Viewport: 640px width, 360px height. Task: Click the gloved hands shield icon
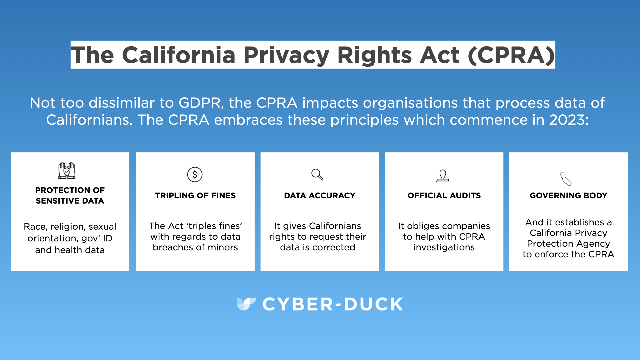pos(67,170)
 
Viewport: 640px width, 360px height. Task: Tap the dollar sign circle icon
pos(195,174)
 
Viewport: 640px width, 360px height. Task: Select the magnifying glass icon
pos(317,174)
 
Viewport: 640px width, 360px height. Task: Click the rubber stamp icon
pos(443,176)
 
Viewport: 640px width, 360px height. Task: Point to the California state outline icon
pos(566,179)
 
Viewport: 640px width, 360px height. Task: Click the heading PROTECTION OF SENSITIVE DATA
pos(70,195)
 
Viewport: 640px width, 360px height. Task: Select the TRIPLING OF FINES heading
pos(195,195)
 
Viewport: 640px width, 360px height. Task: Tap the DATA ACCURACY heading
pos(320,195)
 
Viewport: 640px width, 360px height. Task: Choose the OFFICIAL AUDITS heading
pos(444,195)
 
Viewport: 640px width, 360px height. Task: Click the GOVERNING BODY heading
pos(568,195)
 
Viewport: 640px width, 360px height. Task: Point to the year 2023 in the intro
pos(569,120)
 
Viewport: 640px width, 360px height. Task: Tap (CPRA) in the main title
pos(511,55)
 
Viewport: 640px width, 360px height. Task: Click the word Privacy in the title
pos(287,55)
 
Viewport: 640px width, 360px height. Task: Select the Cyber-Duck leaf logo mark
pos(246,304)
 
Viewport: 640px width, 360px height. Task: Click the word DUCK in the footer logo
pos(373,304)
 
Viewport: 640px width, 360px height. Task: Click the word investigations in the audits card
pos(444,247)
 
